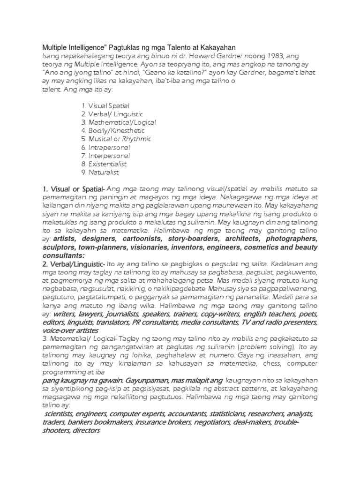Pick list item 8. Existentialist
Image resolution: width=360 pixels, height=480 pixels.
pos(104,164)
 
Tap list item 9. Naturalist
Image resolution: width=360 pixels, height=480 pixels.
pos(100,172)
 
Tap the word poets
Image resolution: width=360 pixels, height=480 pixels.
pos(308,314)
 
